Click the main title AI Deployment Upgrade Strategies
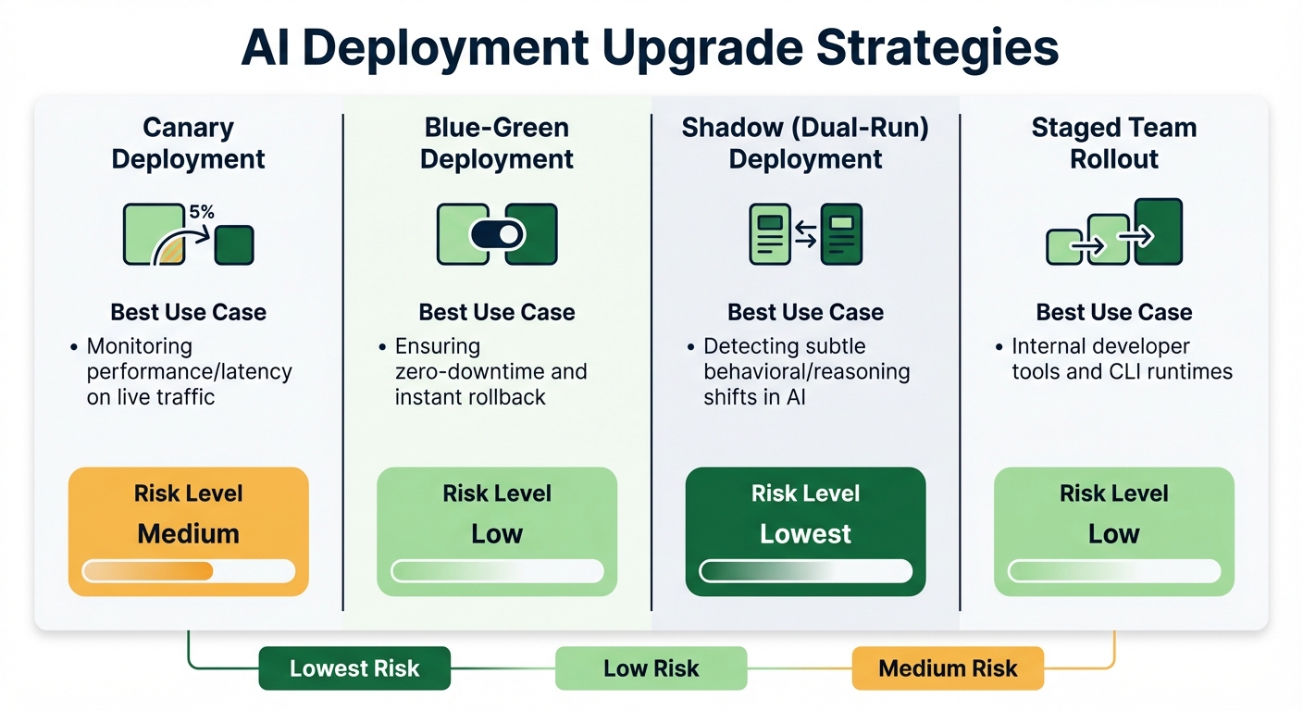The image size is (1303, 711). point(651,48)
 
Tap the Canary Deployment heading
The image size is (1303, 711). point(188,143)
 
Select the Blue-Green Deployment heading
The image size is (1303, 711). point(497,143)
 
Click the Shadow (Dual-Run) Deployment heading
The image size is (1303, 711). point(805,143)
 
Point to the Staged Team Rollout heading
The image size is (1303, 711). point(1113,143)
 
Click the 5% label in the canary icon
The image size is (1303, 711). point(202,212)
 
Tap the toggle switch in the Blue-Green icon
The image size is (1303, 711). point(498,234)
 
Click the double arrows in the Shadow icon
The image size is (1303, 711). point(806,235)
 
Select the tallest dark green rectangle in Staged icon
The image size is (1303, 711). point(1159,231)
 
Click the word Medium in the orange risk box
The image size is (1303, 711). point(188,534)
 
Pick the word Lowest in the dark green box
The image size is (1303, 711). point(805,534)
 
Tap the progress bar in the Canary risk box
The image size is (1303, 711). point(188,571)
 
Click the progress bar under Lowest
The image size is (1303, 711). point(805,571)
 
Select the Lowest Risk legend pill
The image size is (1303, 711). point(354,668)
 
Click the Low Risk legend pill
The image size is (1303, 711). point(651,668)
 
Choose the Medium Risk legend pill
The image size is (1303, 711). point(948,668)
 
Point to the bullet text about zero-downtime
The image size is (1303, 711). point(490,372)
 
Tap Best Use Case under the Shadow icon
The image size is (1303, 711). point(805,313)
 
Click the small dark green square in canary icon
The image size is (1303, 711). point(234,245)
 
